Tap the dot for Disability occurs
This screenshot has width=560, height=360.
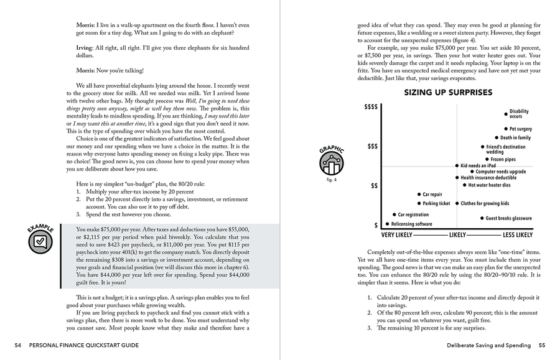505,113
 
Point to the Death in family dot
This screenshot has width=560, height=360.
497,138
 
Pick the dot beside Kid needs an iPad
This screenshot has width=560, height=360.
457,166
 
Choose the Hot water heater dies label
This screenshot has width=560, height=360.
489,185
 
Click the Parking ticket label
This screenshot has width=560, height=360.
436,203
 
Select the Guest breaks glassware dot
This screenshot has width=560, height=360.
481,218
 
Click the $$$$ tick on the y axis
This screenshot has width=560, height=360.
370,107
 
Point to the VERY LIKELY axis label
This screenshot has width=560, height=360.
396,235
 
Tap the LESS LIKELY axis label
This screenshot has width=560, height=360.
518,235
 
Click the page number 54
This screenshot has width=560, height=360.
18,345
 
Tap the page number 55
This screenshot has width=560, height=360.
541,345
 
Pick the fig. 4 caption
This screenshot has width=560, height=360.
331,180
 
